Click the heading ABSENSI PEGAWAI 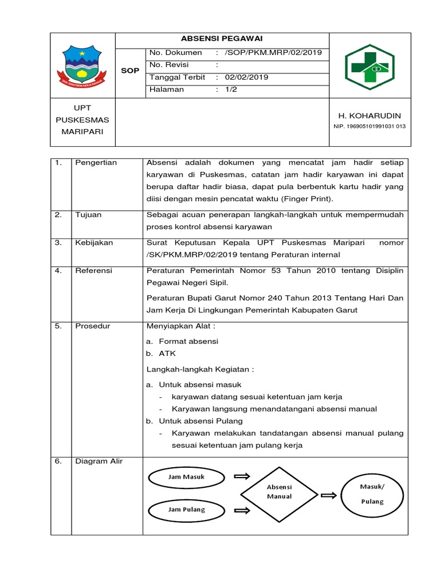[x=223, y=40]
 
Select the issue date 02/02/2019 [x=246, y=77]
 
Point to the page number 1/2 [x=231, y=89]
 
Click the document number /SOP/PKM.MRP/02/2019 [x=273, y=53]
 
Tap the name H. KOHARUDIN [x=369, y=116]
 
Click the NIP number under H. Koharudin [x=369, y=126]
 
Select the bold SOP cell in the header [x=131, y=71]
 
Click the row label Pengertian [x=96, y=163]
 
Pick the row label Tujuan [x=88, y=214]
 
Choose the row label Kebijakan [x=94, y=242]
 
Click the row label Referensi [x=94, y=271]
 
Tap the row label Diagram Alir [x=98, y=461]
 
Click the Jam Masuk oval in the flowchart [x=186, y=477]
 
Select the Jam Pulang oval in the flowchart [x=186, y=509]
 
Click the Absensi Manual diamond [x=279, y=492]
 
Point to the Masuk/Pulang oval [x=372, y=494]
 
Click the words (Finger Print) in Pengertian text [x=312, y=199]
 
